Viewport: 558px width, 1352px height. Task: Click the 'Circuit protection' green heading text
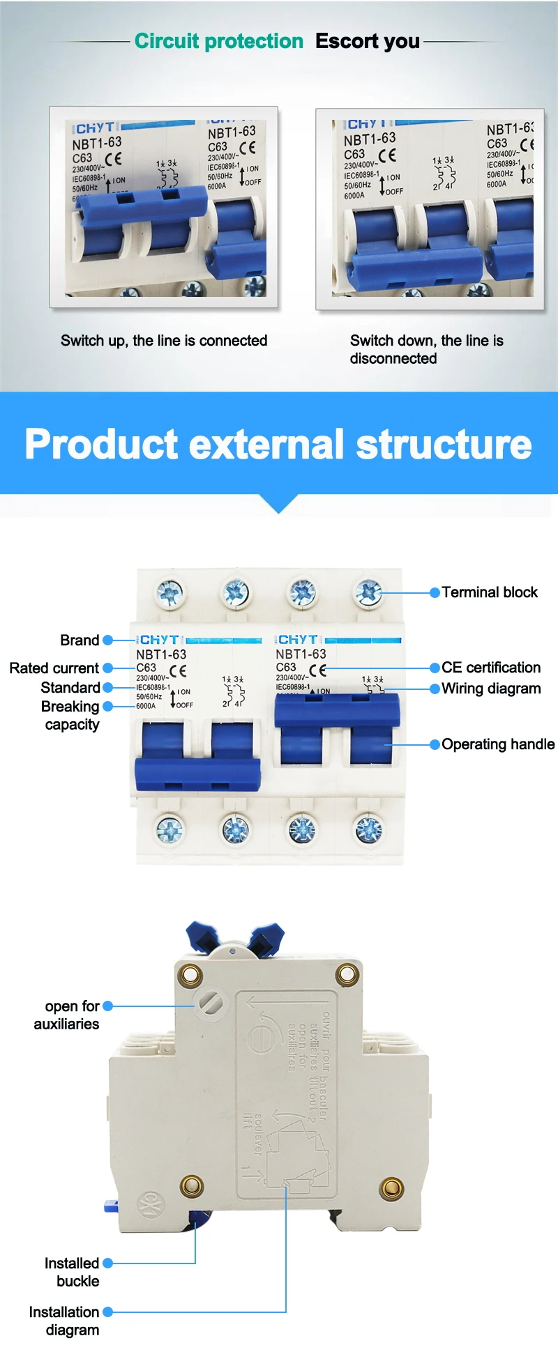[219, 41]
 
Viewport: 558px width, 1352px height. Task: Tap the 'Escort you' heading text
[368, 41]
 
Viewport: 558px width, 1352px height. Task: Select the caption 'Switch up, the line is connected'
[164, 341]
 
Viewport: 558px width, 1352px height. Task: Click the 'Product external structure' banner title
[278, 444]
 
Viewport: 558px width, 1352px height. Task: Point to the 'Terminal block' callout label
[490, 592]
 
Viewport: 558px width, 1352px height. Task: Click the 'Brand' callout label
[80, 640]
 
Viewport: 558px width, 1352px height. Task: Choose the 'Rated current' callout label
[54, 668]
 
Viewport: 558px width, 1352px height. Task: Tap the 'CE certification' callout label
[491, 668]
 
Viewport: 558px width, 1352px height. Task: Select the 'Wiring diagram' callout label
[491, 689]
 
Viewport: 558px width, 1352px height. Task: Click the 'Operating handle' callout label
[498, 744]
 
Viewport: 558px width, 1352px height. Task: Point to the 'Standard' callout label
[70, 688]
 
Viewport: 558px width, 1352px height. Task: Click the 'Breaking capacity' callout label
[70, 716]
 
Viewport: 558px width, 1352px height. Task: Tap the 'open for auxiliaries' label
[67, 1015]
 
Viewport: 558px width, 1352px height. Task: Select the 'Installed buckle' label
[72, 1272]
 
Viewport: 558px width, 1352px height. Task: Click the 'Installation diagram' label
[64, 1321]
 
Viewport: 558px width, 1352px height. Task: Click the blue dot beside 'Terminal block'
[435, 592]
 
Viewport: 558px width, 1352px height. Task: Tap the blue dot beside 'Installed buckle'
[107, 1263]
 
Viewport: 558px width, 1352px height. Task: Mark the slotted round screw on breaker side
[210, 1003]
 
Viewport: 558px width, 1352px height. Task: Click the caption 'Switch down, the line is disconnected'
[426, 349]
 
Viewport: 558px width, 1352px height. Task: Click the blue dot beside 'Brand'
[107, 640]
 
